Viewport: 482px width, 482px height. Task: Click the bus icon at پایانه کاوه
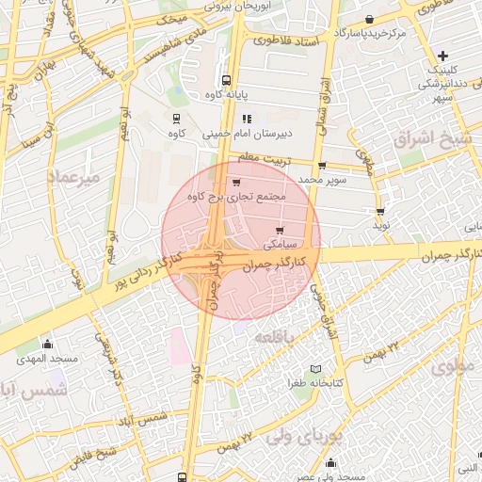click(x=225, y=81)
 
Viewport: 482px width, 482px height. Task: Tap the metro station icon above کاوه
click(x=175, y=119)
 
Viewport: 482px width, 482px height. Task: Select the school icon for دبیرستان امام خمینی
click(x=248, y=120)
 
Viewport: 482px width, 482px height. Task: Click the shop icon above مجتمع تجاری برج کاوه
click(x=235, y=182)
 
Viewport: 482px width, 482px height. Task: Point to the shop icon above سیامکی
click(x=281, y=230)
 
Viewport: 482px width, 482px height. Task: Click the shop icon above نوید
click(x=380, y=212)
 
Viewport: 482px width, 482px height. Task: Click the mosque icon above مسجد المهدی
click(x=47, y=344)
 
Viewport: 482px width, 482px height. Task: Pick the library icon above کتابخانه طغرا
click(x=316, y=368)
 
